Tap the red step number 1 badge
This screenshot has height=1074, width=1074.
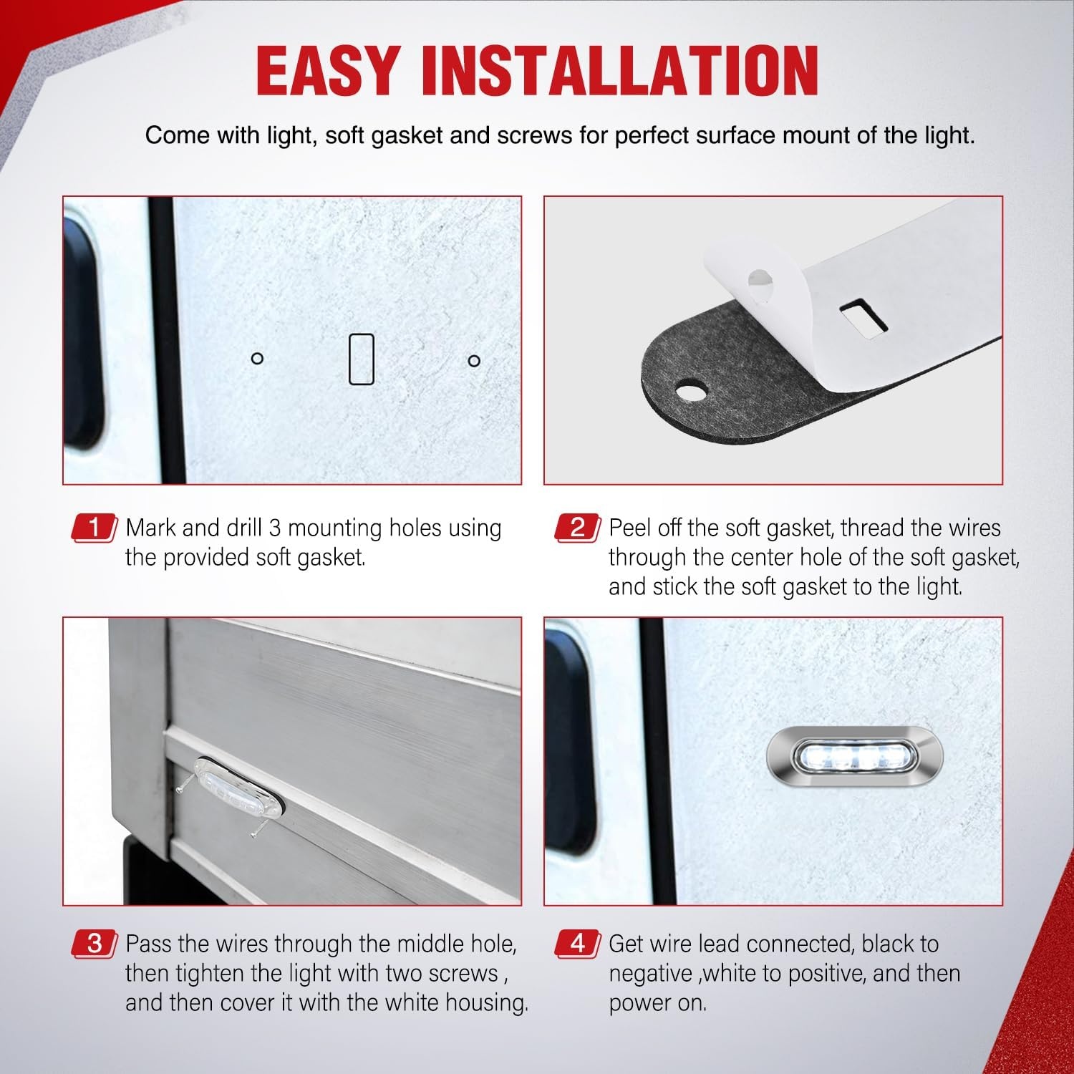[95, 528]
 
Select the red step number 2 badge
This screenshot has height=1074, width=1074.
[578, 528]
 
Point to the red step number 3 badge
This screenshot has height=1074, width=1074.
[95, 944]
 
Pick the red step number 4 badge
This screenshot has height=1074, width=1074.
[578, 944]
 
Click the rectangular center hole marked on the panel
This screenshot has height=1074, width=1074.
[361, 359]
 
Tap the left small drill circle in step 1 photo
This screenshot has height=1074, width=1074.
[258, 358]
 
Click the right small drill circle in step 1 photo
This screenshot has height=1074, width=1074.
[474, 361]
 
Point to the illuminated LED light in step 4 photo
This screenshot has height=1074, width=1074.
[855, 757]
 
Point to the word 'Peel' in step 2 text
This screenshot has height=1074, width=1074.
[630, 528]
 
